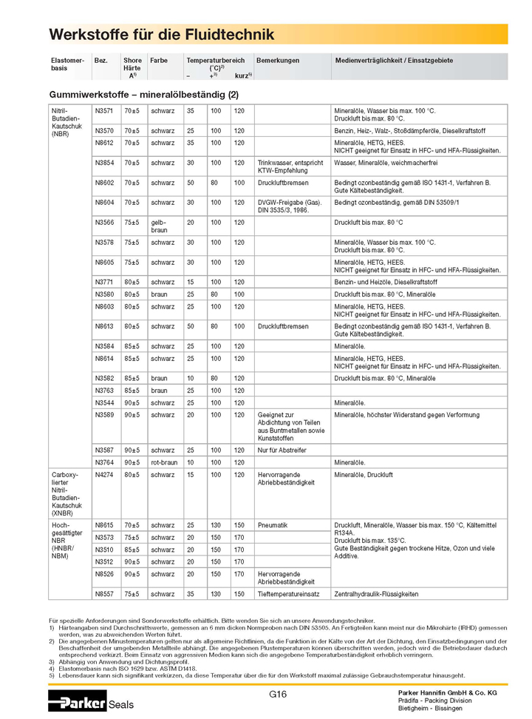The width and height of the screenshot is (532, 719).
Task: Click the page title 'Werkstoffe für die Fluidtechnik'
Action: (161, 34)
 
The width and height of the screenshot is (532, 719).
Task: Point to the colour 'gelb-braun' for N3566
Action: (160, 225)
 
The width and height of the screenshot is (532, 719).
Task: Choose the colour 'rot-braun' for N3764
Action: (164, 462)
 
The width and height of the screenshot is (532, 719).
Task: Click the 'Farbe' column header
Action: (159, 60)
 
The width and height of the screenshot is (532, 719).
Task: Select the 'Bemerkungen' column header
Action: (278, 60)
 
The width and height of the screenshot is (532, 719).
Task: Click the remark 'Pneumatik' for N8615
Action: (273, 524)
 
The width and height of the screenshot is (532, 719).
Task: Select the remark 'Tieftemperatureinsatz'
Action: (288, 593)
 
